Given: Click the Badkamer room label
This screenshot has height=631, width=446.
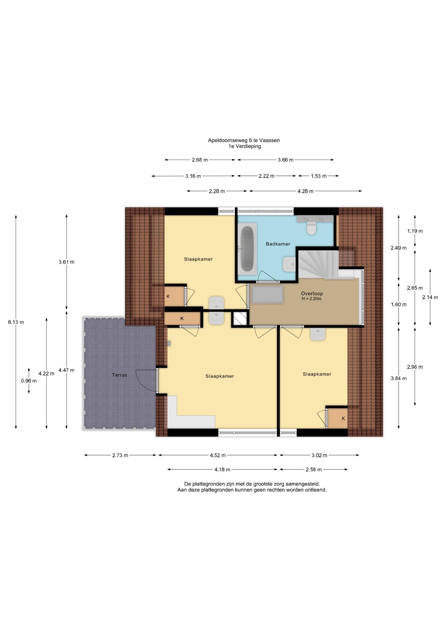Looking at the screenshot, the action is tap(278, 244).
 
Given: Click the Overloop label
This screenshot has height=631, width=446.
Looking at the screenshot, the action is tap(312, 293).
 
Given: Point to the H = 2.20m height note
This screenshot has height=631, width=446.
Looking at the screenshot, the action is tap(311, 299).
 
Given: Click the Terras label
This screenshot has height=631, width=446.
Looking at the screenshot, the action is tap(119, 375).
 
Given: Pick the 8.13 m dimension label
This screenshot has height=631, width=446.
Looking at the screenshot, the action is tap(16, 322).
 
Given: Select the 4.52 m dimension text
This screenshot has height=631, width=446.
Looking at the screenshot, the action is tap(218, 455).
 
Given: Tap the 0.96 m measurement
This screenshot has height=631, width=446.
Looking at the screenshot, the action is tap(29, 381).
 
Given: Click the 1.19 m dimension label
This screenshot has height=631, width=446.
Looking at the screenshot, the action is tap(415, 231).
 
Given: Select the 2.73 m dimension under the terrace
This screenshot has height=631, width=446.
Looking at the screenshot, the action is tap(120, 455).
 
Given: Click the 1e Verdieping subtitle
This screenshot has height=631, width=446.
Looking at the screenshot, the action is tap(245, 146).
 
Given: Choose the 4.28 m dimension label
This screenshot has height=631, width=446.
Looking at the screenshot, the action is tap(305, 191).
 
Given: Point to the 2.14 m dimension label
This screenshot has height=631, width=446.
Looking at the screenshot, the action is tap(430, 297).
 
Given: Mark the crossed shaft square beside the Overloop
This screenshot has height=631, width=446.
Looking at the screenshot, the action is tap(240, 318).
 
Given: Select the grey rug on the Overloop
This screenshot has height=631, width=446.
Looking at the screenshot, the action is tap(267, 294).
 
